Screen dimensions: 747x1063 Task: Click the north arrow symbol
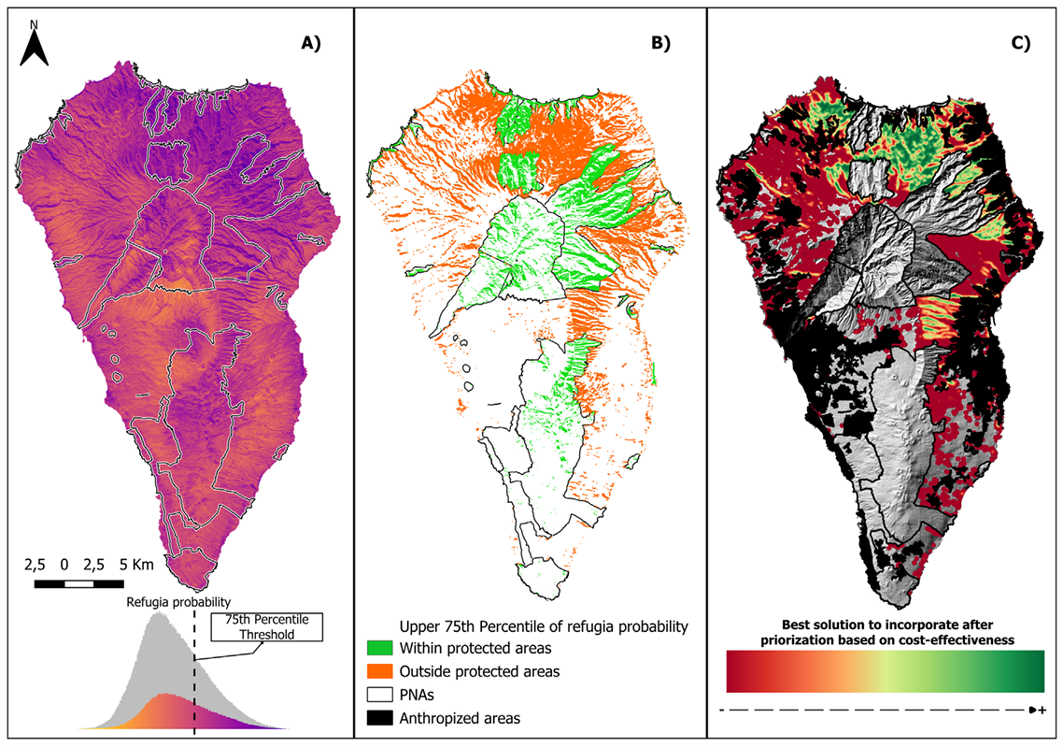[x=35, y=49]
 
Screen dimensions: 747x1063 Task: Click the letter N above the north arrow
[x=35, y=23]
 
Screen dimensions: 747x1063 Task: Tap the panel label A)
[x=310, y=42]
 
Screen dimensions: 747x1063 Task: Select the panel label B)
[x=660, y=42]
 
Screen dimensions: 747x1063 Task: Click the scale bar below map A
[x=93, y=584]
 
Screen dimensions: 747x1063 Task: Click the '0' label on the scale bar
[x=64, y=565]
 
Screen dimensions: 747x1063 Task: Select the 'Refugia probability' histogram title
[x=179, y=603]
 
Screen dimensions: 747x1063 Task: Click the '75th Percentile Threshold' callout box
[x=266, y=626]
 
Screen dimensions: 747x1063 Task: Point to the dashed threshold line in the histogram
[x=194, y=673]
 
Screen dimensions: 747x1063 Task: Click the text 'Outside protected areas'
[x=479, y=671]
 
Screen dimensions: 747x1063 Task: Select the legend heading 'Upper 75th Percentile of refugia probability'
[x=544, y=625]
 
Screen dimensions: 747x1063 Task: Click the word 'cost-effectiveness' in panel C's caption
[x=953, y=639]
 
